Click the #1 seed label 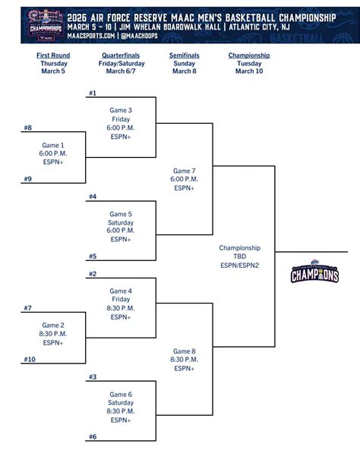click(93, 93)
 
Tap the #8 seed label click(27, 128)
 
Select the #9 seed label click(27, 179)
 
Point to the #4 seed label click(93, 197)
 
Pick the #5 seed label click(93, 256)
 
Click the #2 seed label click(93, 274)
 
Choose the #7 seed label click(27, 308)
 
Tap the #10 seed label click(30, 359)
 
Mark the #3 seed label click(93, 376)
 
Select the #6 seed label click(93, 436)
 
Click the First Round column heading click(53, 55)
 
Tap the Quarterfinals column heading click(120, 55)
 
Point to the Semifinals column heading click(184, 55)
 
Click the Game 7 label click(185, 171)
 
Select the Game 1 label click(53, 145)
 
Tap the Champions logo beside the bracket click(314, 273)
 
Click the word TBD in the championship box click(239, 256)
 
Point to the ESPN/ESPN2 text click(239, 265)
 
